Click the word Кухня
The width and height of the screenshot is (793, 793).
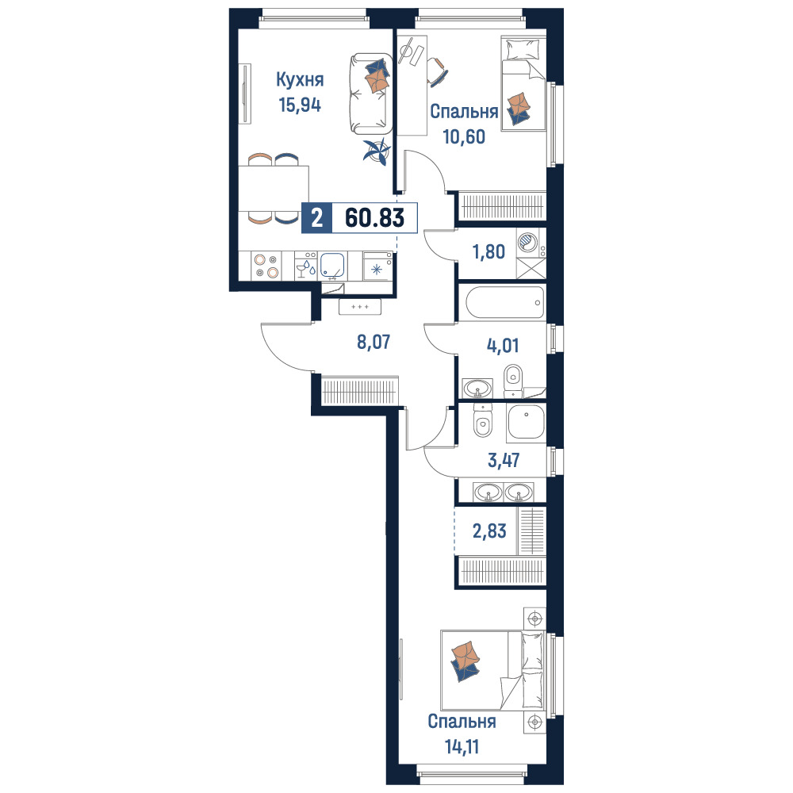(x=300, y=79)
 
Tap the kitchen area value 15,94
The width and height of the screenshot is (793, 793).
(x=300, y=105)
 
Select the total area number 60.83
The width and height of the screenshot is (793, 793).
(x=375, y=218)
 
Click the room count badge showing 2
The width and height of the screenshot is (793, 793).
(x=317, y=218)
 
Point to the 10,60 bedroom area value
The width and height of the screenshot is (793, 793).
(x=464, y=136)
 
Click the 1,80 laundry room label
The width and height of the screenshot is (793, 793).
(x=488, y=251)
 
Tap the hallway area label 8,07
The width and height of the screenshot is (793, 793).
(x=374, y=342)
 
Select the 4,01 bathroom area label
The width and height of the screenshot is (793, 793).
(x=503, y=346)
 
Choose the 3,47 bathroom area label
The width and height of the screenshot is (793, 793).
(x=504, y=460)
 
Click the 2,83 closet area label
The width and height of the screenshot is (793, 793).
(x=489, y=531)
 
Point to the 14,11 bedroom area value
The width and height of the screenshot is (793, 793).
(x=462, y=746)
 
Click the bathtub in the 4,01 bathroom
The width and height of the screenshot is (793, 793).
(x=505, y=302)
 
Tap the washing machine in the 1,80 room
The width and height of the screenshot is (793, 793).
(x=531, y=243)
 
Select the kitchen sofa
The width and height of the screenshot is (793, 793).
(x=370, y=94)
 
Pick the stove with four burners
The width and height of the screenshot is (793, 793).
(x=266, y=266)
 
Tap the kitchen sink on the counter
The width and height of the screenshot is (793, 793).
(x=333, y=266)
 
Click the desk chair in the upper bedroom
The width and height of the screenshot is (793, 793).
(x=437, y=71)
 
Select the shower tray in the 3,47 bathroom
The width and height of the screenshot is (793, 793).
(x=527, y=422)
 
